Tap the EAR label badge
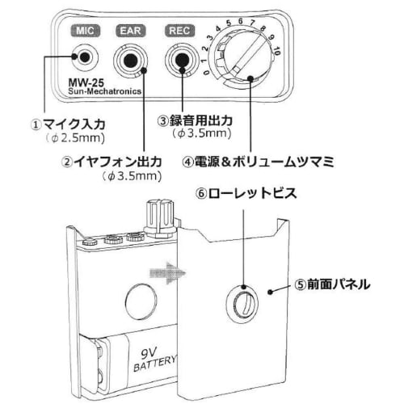coord(130,32)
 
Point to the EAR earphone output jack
coord(131,59)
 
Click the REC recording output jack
coord(179,59)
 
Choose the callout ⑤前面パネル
coord(331,284)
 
